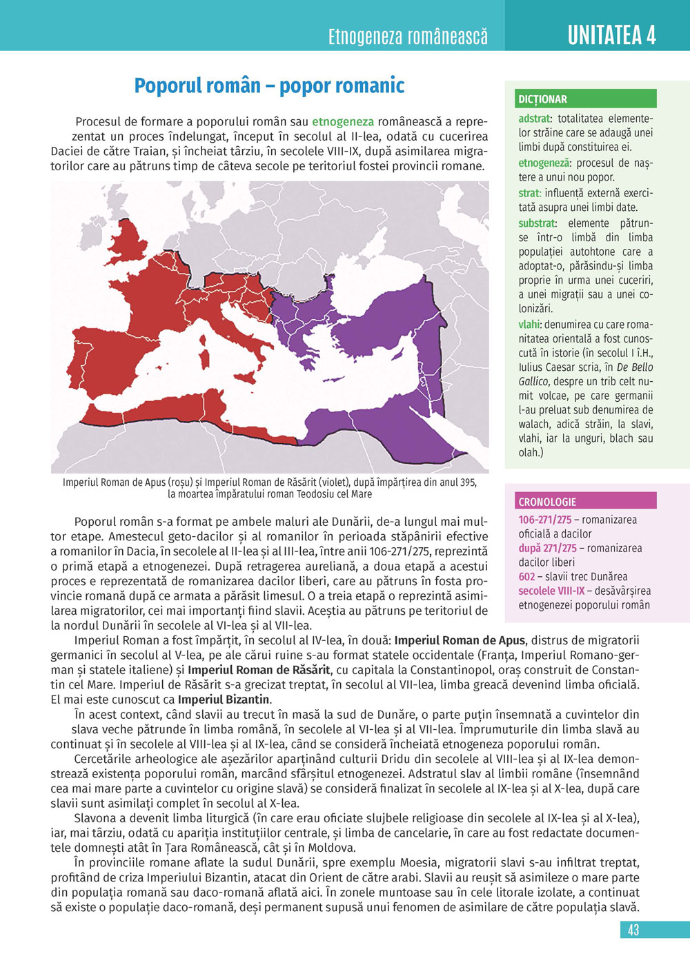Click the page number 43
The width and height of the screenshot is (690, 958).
click(633, 930)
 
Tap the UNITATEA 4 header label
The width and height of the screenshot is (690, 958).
click(611, 34)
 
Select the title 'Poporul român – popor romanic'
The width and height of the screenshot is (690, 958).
click(269, 85)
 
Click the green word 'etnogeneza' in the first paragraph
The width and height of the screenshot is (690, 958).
click(343, 122)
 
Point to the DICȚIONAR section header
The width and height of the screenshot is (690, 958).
click(542, 99)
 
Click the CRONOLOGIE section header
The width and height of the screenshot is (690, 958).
click(547, 502)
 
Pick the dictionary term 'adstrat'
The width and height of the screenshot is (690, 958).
click(534, 119)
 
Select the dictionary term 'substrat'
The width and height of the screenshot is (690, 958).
click(537, 223)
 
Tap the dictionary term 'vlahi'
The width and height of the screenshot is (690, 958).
click(529, 325)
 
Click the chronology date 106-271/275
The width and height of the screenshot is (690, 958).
click(544, 520)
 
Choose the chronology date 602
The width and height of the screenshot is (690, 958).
click(526, 577)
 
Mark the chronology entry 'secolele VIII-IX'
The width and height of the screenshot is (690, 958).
click(551, 591)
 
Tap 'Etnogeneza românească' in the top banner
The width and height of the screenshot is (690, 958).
click(408, 36)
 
